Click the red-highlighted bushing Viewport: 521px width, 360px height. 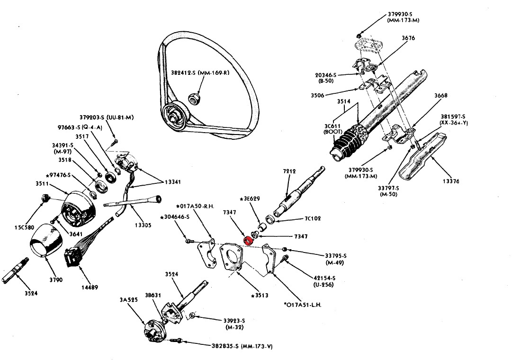pyautogui.click(x=247, y=240)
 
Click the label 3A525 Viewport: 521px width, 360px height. pyautogui.click(x=129, y=300)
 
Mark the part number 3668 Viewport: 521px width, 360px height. pyautogui.click(x=441, y=96)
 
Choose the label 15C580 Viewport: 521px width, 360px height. pyautogui.click(x=23, y=228)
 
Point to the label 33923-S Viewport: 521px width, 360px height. pyautogui.click(x=236, y=321)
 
